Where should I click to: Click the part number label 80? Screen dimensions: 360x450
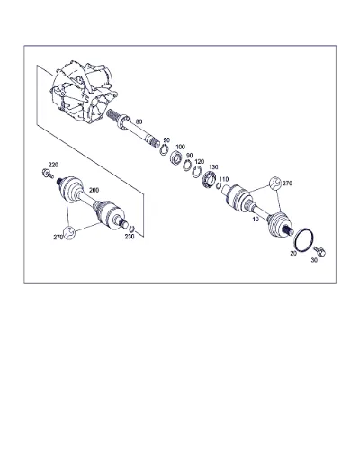click(139, 121)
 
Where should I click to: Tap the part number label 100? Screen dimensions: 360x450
click(180, 147)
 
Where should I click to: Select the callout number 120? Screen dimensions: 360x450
click(199, 162)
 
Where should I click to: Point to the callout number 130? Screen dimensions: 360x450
click(213, 167)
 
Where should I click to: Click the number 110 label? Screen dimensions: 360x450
click(224, 179)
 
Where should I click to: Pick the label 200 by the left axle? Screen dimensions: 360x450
click(94, 190)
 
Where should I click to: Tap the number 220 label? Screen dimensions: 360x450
click(53, 165)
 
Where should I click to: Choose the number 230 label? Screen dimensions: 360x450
click(130, 237)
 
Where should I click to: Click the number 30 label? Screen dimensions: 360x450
click(314, 260)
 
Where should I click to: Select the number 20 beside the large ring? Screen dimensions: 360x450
click(293, 254)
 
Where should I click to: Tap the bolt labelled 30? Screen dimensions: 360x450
click(319, 251)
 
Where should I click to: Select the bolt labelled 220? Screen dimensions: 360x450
click(48, 174)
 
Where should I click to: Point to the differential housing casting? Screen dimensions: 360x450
click(83, 92)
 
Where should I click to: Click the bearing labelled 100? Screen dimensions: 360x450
click(176, 157)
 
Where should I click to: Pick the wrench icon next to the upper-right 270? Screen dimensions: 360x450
click(275, 183)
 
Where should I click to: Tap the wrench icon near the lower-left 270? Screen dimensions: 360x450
click(69, 233)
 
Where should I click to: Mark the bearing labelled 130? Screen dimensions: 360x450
click(209, 179)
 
